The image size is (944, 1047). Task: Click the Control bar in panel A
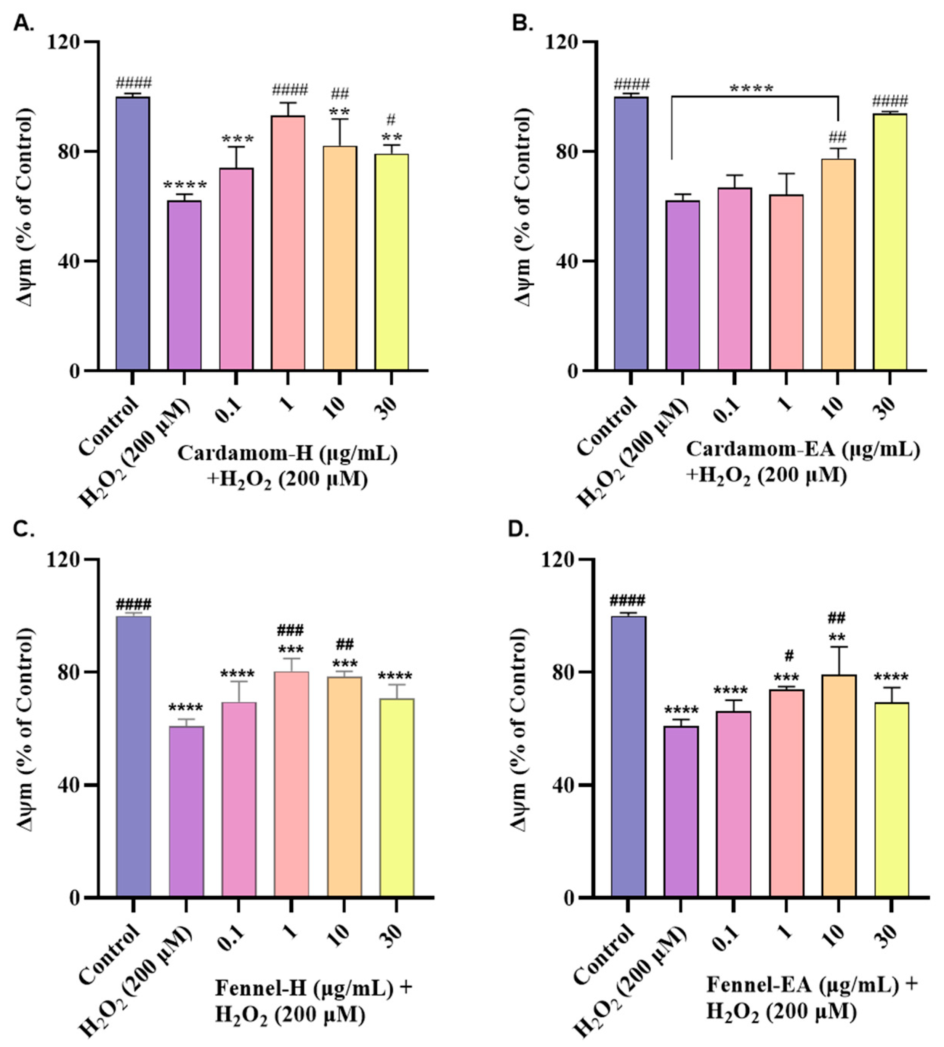(133, 233)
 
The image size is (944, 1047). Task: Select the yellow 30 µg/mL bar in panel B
(890, 242)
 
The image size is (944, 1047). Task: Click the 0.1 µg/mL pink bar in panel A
(237, 269)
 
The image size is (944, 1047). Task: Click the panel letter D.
(521, 531)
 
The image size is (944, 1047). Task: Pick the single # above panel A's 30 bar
(391, 120)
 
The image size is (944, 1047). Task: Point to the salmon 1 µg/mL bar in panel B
(786, 283)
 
